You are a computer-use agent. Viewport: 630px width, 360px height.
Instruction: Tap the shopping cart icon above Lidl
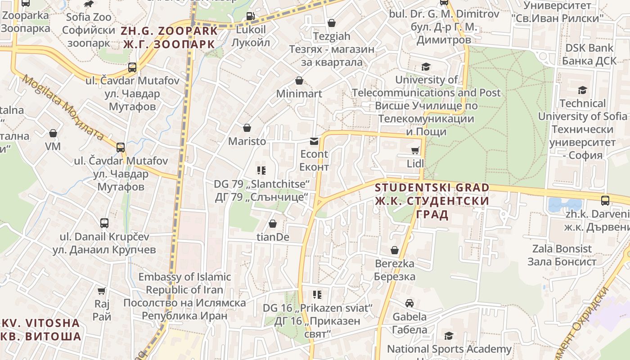pyautogui.click(x=415, y=150)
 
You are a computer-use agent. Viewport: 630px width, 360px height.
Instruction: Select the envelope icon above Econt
pyautogui.click(x=314, y=141)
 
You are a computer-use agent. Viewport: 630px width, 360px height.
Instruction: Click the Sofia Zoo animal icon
pyautogui.click(x=89, y=4)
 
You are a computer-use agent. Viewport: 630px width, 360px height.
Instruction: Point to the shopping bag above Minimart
pyautogui.click(x=299, y=81)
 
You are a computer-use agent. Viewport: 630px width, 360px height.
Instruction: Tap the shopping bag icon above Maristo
pyautogui.click(x=247, y=128)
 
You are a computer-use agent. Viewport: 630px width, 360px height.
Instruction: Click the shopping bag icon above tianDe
pyautogui.click(x=272, y=223)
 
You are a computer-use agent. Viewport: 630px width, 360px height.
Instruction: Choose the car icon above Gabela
pyautogui.click(x=409, y=303)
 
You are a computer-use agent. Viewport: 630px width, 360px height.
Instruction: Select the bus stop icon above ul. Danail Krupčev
pyautogui.click(x=104, y=223)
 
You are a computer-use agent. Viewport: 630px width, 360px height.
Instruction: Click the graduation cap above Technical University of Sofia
pyautogui.click(x=582, y=90)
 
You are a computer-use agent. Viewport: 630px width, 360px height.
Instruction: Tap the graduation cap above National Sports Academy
pyautogui.click(x=449, y=336)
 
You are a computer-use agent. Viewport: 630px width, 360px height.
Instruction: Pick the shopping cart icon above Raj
pyautogui.click(x=102, y=291)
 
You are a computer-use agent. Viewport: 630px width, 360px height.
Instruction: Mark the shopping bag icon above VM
pyautogui.click(x=53, y=133)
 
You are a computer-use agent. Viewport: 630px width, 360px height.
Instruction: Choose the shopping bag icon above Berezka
pyautogui.click(x=395, y=250)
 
